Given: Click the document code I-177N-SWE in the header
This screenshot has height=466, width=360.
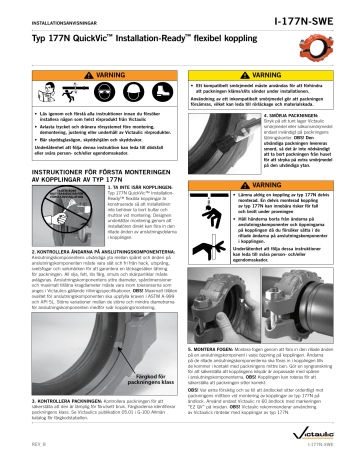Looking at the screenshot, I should [317, 15].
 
